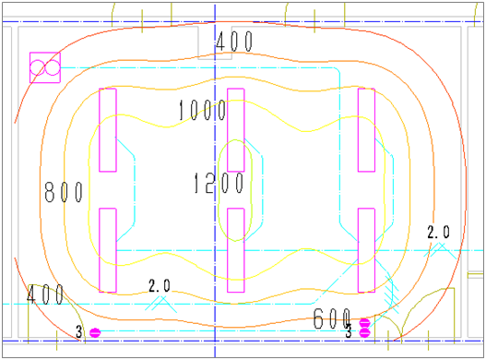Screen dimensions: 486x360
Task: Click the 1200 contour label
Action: pos(219,183)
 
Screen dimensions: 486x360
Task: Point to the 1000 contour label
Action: pos(202,110)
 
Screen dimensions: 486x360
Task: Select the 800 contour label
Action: pos(64,192)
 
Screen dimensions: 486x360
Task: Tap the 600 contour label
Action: pos(332,318)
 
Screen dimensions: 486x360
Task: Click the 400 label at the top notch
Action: pos(234,42)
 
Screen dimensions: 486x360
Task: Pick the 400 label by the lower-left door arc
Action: pos(45,294)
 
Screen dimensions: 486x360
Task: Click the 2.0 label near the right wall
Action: pos(438,232)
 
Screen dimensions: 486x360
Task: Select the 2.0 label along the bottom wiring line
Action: pos(160,286)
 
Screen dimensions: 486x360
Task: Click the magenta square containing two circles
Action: pos(45,67)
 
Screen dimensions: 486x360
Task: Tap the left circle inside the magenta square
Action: pos(38,67)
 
